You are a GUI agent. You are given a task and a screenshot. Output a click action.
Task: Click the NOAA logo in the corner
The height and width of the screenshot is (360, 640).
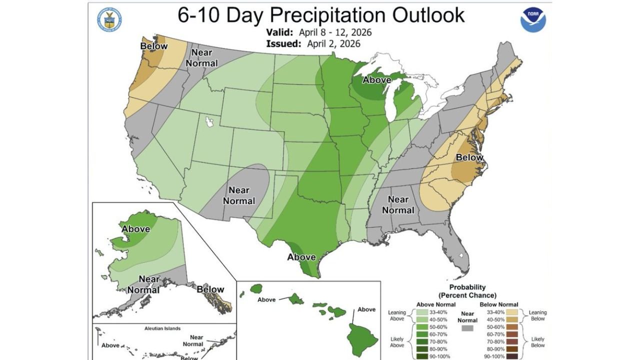tap(533, 19)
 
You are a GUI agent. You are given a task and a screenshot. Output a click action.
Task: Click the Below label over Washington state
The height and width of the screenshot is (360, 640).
tap(154, 46)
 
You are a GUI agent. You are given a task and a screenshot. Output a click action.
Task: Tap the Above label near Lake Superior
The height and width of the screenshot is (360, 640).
tap(376, 79)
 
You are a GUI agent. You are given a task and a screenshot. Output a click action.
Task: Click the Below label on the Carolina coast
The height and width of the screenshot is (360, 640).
tap(469, 158)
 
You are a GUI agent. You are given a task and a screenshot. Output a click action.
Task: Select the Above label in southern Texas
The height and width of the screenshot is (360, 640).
tap(301, 257)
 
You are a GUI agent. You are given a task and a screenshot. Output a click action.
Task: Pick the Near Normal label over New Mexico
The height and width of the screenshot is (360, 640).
tap(238, 195)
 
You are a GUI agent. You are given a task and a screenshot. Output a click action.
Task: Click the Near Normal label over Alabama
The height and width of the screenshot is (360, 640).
tap(398, 205)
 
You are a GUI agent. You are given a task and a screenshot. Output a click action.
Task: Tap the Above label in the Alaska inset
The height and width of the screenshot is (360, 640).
tap(135, 229)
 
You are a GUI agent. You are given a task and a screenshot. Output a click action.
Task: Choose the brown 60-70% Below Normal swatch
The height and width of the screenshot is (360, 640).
tap(493, 334)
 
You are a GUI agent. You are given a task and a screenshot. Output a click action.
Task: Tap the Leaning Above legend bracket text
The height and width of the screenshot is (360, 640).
tap(397, 316)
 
